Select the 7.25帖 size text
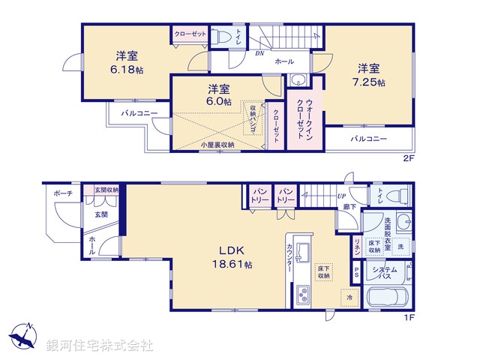click(x=371, y=82)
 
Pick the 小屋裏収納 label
click(x=217, y=144)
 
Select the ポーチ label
click(x=63, y=193)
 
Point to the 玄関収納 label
click(x=106, y=190)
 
